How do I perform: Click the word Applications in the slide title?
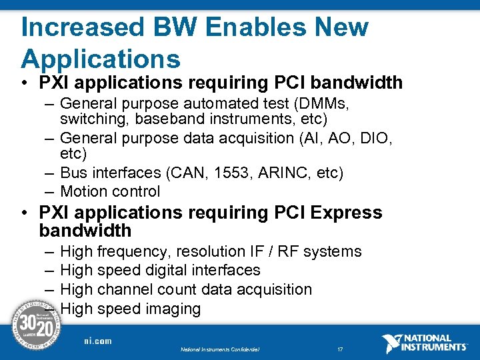(101, 59)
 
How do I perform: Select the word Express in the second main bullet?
(347, 213)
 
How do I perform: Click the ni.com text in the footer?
(97, 341)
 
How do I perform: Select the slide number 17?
(339, 349)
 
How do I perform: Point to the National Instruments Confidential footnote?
(219, 349)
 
